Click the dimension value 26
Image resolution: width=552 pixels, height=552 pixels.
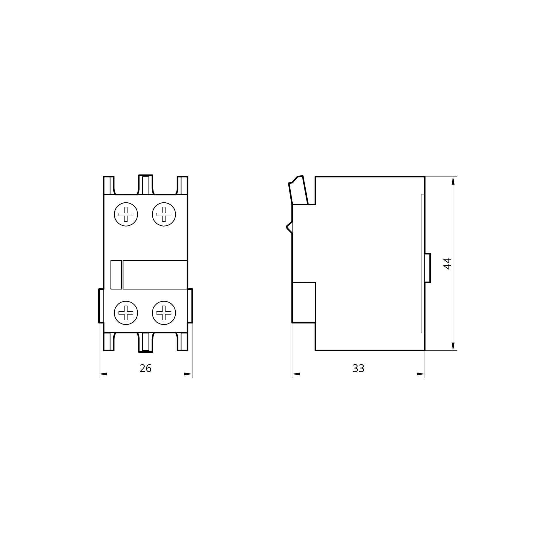point(145,368)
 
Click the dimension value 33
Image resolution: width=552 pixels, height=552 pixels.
point(359,368)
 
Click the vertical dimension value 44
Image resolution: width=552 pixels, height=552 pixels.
point(447,263)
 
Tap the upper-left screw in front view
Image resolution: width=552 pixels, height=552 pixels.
point(126,214)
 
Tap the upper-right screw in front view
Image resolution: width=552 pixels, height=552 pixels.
point(164,214)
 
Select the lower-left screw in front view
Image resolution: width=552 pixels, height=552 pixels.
point(126,313)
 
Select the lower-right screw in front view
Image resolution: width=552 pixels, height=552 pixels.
point(164,313)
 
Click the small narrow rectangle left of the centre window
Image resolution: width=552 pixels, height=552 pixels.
point(116,275)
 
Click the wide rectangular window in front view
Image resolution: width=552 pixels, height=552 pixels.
point(155,275)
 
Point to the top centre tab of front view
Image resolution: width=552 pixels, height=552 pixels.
point(146,185)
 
